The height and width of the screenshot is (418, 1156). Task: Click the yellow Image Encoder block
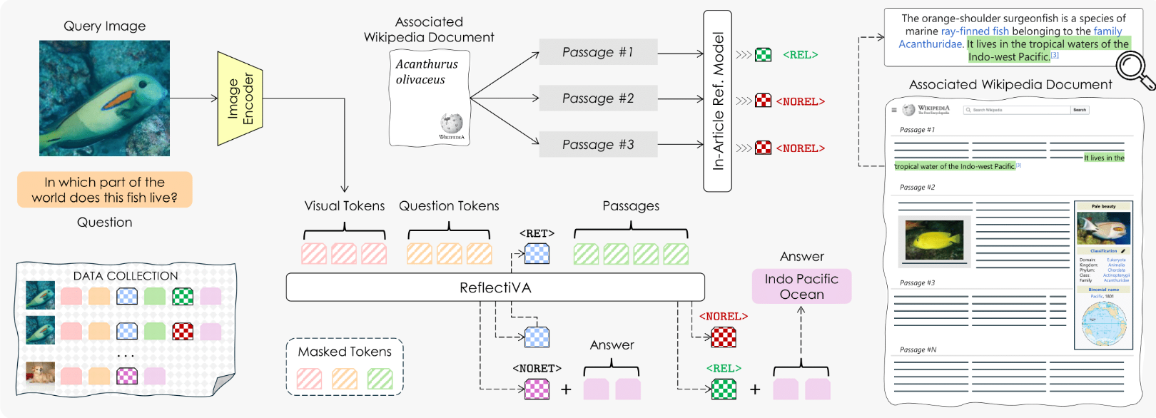coord(240,98)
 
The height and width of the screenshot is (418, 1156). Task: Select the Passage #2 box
coord(598,98)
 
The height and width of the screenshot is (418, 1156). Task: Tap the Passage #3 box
coord(598,145)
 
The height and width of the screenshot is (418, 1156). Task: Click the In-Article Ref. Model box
coord(718,101)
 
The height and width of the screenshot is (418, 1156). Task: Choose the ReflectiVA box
coord(495,287)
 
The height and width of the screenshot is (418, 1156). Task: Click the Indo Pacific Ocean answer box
coord(801,287)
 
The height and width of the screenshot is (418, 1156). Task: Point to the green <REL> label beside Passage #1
coord(800,55)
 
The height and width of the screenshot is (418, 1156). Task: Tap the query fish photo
coord(104,98)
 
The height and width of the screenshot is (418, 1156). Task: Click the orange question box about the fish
coord(104,190)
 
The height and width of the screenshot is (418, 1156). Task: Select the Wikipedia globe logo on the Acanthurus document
coord(451,123)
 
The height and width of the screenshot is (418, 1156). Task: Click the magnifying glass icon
coord(1133,68)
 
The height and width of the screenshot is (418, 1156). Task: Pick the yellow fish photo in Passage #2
coord(934,240)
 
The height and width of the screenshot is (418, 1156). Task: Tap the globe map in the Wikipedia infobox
coord(1103,323)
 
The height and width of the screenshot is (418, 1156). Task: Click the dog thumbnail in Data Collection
coord(40,374)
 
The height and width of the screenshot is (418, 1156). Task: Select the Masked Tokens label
coord(345,352)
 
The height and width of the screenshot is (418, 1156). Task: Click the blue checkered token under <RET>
coord(537,254)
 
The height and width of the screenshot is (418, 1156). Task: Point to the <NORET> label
coord(537,369)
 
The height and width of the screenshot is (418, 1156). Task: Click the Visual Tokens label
coord(345,206)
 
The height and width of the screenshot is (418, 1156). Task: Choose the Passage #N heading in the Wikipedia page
coord(918,350)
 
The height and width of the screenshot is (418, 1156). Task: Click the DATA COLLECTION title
coord(126,276)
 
